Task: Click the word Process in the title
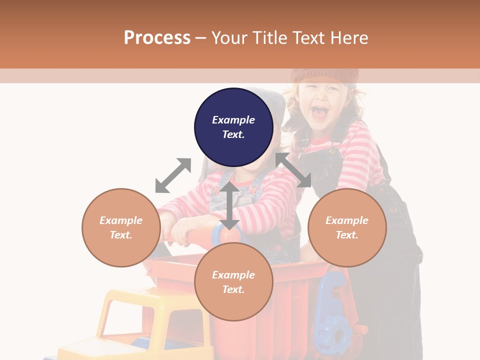(x=157, y=38)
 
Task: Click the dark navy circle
(x=233, y=127)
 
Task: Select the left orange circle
(x=121, y=227)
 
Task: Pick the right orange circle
(x=347, y=227)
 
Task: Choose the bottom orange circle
(x=233, y=282)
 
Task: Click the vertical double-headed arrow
(x=229, y=205)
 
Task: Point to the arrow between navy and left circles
(x=173, y=175)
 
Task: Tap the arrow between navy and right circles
(x=293, y=170)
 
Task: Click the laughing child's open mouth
(x=320, y=111)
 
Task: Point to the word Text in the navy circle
(x=233, y=134)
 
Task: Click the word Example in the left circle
(x=121, y=220)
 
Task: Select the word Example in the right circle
(x=347, y=220)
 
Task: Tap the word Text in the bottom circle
(x=233, y=289)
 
